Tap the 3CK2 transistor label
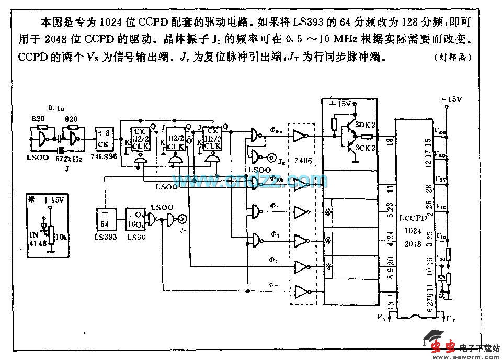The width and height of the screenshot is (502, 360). [366, 148]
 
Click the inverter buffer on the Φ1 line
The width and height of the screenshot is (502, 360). [302, 212]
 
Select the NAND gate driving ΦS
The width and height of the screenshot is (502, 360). [256, 239]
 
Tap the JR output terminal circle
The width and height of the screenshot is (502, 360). [272, 157]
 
